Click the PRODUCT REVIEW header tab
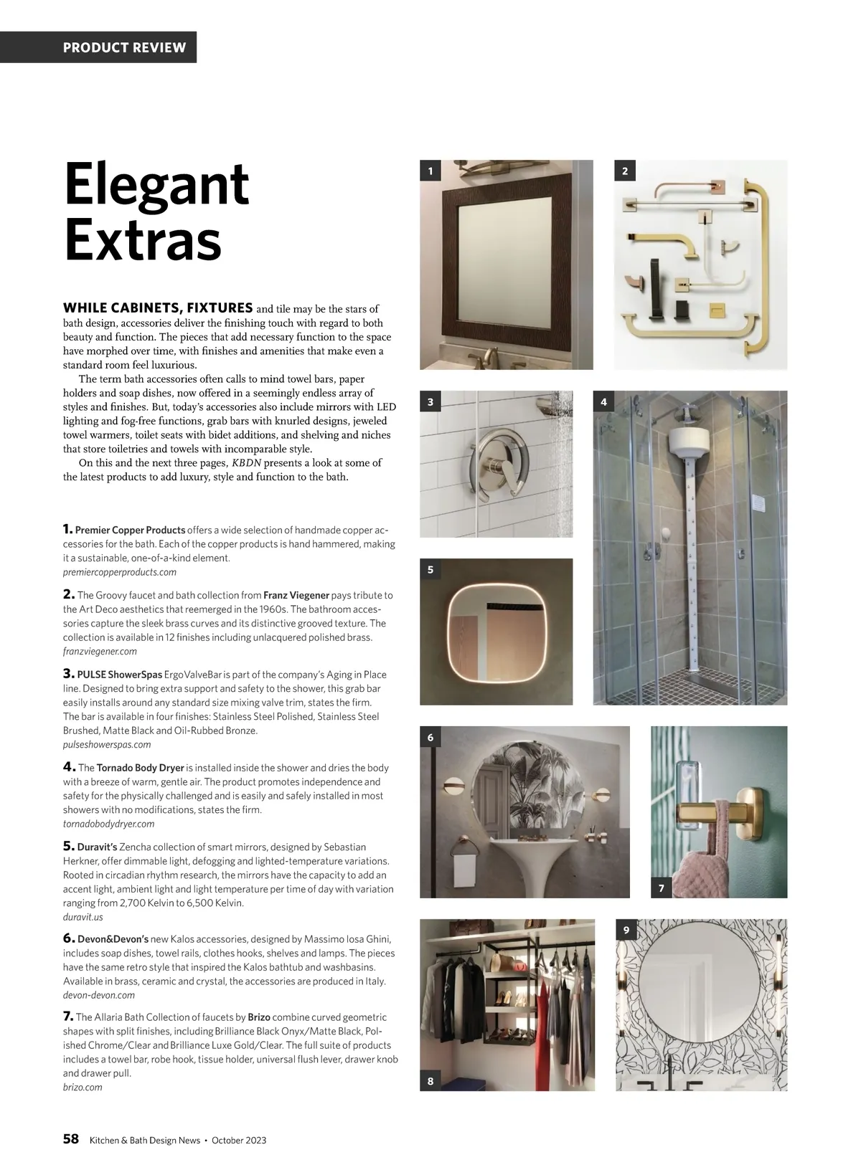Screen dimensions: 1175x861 tap(124, 48)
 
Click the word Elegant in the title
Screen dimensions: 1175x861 tap(156, 184)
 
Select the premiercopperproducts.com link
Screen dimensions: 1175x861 tap(120, 572)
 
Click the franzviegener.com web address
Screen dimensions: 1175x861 tap(100, 652)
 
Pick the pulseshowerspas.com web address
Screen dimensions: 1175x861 tap(107, 745)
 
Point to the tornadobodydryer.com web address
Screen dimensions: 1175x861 tap(108, 824)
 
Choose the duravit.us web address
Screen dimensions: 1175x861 tap(83, 917)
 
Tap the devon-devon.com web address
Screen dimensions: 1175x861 tap(99, 995)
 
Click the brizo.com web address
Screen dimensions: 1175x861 tap(83, 1088)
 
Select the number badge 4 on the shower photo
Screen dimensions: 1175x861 tap(604, 402)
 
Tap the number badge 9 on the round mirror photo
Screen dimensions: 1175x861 tap(626, 931)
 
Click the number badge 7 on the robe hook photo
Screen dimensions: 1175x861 tap(662, 888)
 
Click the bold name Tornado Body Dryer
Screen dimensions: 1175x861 tap(141, 768)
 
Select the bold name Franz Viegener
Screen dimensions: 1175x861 tap(296, 595)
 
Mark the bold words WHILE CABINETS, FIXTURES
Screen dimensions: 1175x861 tap(158, 308)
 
